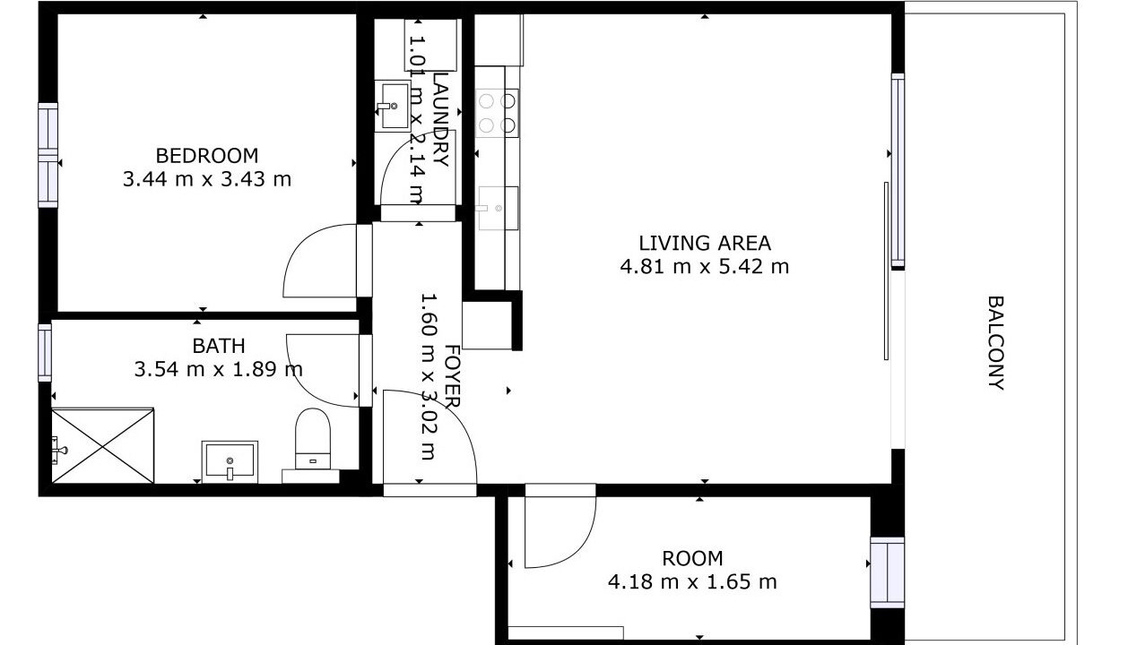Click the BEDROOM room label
pyautogui.click(x=207, y=156)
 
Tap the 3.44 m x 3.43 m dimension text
pyautogui.click(x=207, y=179)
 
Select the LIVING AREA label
pyautogui.click(x=705, y=243)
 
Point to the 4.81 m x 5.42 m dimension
pyautogui.click(x=705, y=266)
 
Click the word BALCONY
pyautogui.click(x=995, y=342)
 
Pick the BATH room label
pyautogui.click(x=219, y=346)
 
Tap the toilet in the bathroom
pyautogui.click(x=313, y=438)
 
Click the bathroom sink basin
pyautogui.click(x=230, y=462)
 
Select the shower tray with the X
pyautogui.click(x=103, y=446)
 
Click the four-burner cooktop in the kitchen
pyautogui.click(x=497, y=113)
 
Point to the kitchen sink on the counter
pyautogui.click(x=498, y=209)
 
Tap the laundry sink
pyautogui.click(x=393, y=107)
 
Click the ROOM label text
pyautogui.click(x=692, y=558)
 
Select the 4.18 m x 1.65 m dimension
pyautogui.click(x=692, y=581)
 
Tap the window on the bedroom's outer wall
pyautogui.click(x=48, y=156)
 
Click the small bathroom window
pyautogui.click(x=45, y=353)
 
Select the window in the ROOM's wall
pyautogui.click(x=888, y=572)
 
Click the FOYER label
pyautogui.click(x=452, y=376)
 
